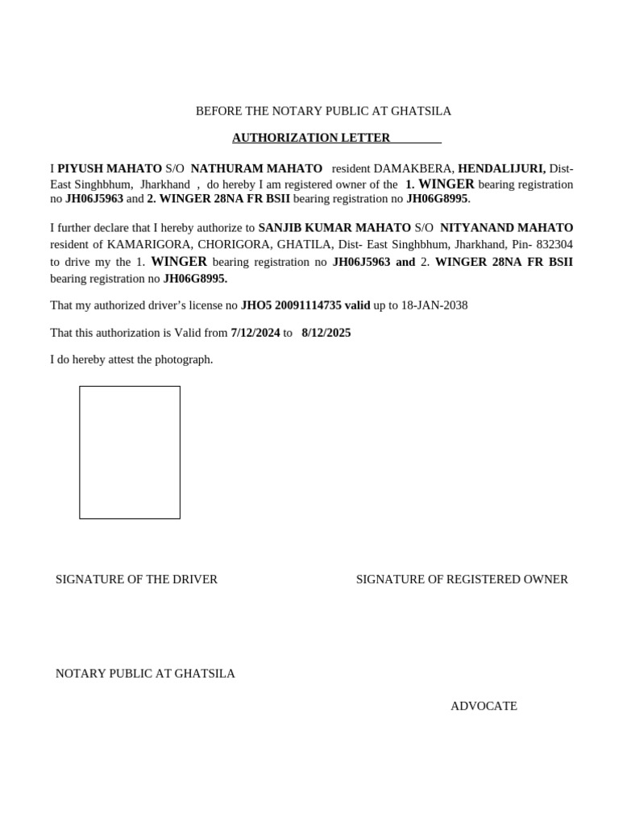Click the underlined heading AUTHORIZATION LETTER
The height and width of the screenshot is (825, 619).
pyautogui.click(x=311, y=138)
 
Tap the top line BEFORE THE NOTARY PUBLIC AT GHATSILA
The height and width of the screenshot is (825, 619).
pyautogui.click(x=323, y=111)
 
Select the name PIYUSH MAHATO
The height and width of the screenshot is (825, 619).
pyautogui.click(x=110, y=168)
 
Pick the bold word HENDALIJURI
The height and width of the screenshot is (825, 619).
pyautogui.click(x=501, y=168)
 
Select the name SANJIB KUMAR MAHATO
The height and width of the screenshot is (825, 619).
pyautogui.click(x=334, y=228)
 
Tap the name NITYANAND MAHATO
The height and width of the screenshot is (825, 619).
pyautogui.click(x=507, y=228)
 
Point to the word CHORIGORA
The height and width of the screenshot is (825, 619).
pyautogui.click(x=226, y=244)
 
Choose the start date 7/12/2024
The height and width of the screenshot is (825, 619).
pyautogui.click(x=255, y=333)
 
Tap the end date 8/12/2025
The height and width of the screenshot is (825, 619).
pyautogui.click(x=326, y=333)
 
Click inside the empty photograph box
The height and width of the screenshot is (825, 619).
pyautogui.click(x=130, y=452)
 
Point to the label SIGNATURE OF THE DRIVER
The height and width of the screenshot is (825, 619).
pyautogui.click(x=136, y=579)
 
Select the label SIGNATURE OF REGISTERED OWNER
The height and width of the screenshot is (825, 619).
pyautogui.click(x=462, y=579)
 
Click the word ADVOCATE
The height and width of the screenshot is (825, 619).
pyautogui.click(x=484, y=707)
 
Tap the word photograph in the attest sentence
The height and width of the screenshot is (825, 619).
pyautogui.click(x=183, y=359)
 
